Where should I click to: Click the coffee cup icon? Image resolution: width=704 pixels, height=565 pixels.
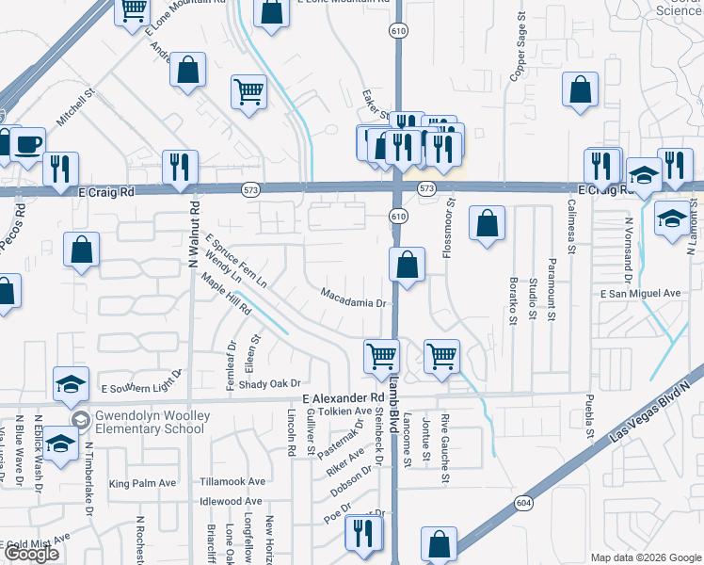click(x=27, y=144)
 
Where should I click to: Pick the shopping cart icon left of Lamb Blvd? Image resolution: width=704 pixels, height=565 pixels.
click(x=381, y=356)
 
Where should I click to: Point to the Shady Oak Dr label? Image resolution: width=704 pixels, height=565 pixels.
click(x=268, y=384)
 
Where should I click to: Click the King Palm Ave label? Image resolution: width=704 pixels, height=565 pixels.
click(x=143, y=484)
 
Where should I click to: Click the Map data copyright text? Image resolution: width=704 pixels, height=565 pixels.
click(x=645, y=557)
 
